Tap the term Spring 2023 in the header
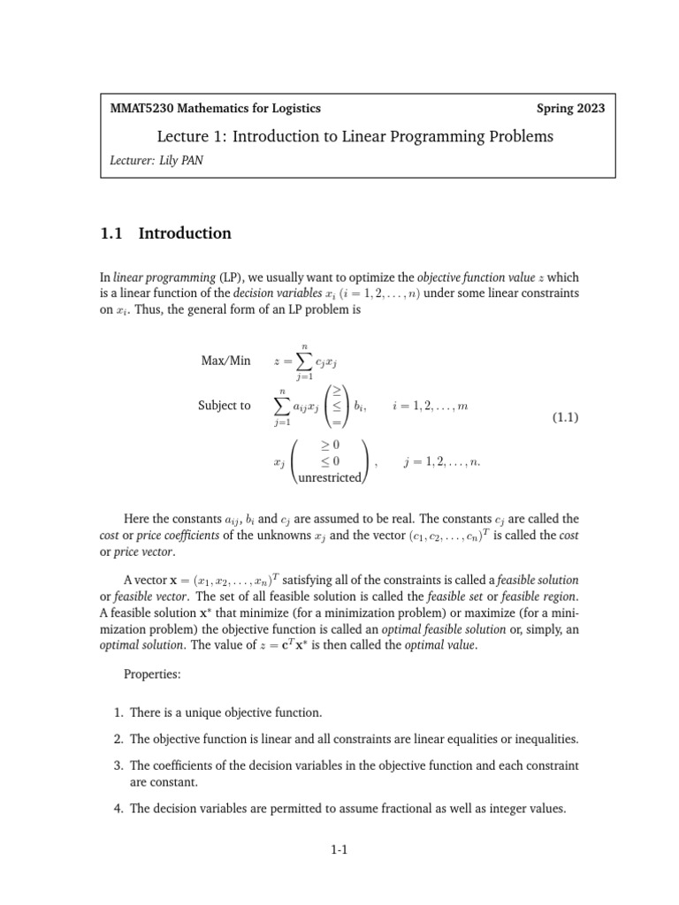[570, 109]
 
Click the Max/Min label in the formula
[226, 361]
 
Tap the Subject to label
[225, 406]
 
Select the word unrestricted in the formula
[330, 477]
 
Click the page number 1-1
[339, 850]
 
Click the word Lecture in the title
[181, 136]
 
